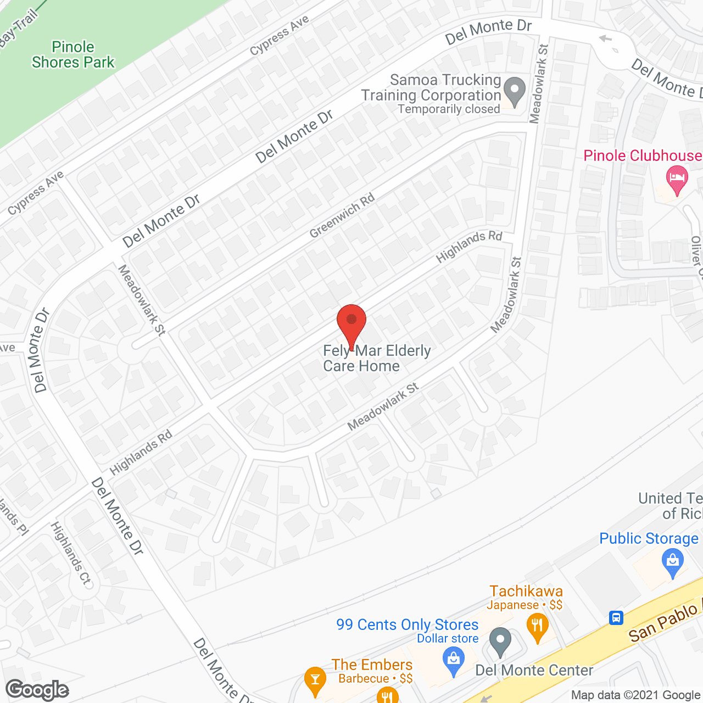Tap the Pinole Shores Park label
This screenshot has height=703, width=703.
(73, 55)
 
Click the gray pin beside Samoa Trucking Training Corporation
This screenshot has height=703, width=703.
(515, 92)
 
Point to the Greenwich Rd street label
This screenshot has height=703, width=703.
(342, 215)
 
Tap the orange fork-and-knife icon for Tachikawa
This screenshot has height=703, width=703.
(538, 627)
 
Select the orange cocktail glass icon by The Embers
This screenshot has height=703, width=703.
(315, 680)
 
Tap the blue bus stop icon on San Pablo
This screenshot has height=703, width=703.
(616, 618)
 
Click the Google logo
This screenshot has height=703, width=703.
(37, 690)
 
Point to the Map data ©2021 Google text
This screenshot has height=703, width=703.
(636, 695)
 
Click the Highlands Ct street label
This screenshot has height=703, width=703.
(71, 553)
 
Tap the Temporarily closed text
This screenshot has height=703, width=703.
(449, 109)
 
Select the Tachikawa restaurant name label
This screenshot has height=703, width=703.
(526, 591)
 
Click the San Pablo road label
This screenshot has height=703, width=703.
(663, 624)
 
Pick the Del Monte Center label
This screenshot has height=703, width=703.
(534, 671)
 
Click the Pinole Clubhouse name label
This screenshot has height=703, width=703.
(642, 156)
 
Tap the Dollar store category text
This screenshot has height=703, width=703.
(448, 639)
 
